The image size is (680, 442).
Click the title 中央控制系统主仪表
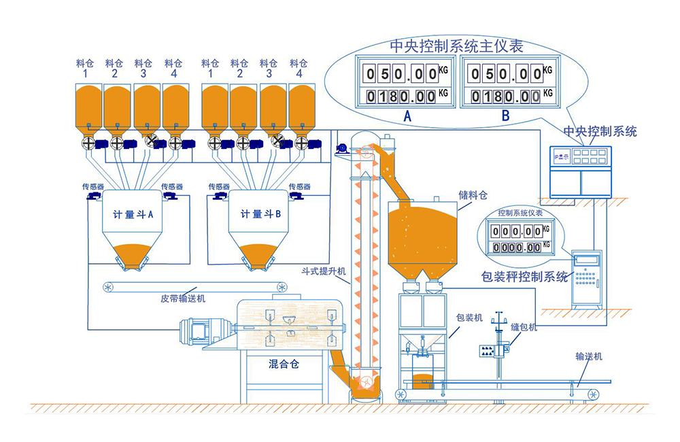(456, 46)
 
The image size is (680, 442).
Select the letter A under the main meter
(407, 116)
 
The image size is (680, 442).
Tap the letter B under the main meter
(505, 116)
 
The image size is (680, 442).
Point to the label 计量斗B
(260, 214)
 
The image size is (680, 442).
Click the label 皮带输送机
(183, 299)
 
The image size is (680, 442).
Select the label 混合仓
(284, 364)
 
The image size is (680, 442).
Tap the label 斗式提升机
(324, 271)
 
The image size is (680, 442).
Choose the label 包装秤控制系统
(524, 277)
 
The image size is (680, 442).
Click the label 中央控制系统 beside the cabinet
(600, 131)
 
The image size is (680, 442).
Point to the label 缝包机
(524, 327)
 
